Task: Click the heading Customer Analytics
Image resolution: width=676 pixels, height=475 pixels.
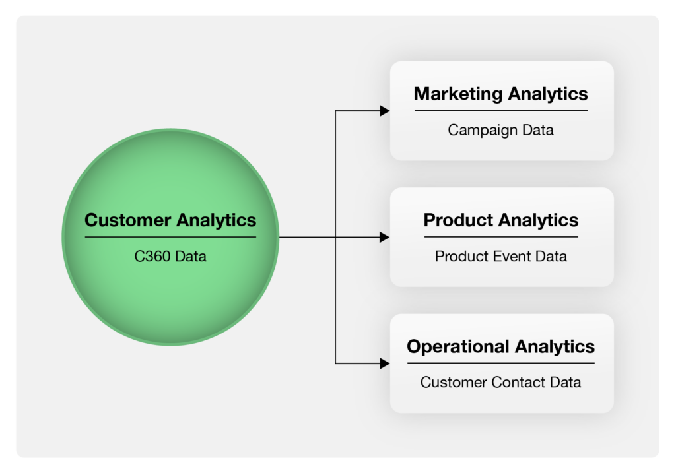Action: pyautogui.click(x=170, y=220)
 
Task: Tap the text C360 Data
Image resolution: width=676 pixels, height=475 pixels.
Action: pyautogui.click(x=170, y=255)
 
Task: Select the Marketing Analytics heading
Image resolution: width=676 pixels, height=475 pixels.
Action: pyautogui.click(x=500, y=94)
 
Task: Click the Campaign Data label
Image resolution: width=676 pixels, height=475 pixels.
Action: pyautogui.click(x=500, y=129)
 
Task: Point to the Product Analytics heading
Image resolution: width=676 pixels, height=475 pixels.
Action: pyautogui.click(x=500, y=220)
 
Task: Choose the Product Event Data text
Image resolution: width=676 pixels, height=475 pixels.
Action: pyautogui.click(x=500, y=256)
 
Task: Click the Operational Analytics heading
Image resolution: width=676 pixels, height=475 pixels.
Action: pyautogui.click(x=500, y=346)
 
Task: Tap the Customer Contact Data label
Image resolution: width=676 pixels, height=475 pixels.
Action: pyautogui.click(x=500, y=382)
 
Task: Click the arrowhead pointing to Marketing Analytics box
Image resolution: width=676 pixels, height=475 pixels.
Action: pyautogui.click(x=385, y=111)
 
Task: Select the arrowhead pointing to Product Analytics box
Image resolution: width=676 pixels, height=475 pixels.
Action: pyautogui.click(x=385, y=237)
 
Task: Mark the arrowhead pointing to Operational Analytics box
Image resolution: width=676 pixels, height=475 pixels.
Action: pyautogui.click(x=385, y=363)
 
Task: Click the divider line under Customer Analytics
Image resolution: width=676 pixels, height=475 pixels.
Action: pyautogui.click(x=170, y=237)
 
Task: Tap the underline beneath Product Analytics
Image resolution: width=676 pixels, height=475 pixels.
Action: pyautogui.click(x=500, y=236)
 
